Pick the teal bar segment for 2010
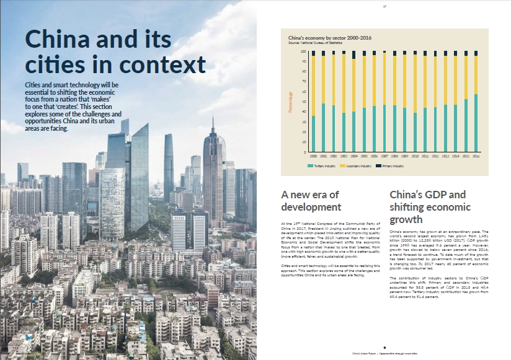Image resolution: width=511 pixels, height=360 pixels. coord(415,132)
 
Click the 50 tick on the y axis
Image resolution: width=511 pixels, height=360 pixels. coord(304,102)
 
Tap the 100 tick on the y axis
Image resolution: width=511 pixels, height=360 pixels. coord(304,52)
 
